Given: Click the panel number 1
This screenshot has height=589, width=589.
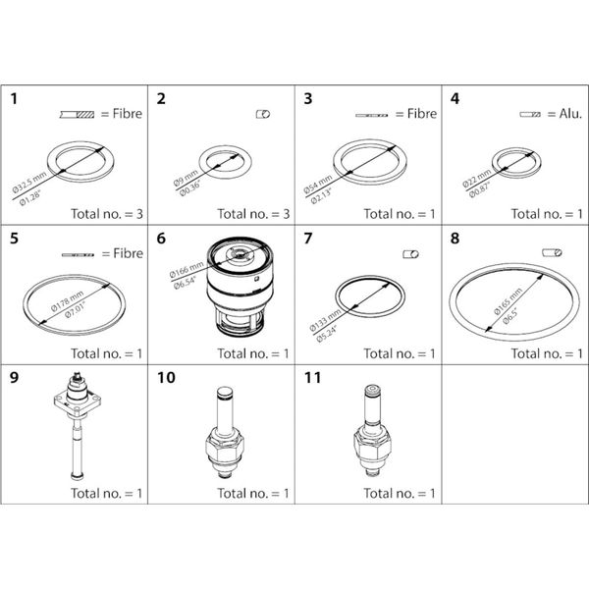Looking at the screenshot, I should pyautogui.click(x=15, y=98).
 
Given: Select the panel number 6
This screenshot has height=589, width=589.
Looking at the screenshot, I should pyautogui.click(x=163, y=240).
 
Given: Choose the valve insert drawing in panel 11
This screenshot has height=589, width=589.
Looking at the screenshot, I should pyautogui.click(x=370, y=437).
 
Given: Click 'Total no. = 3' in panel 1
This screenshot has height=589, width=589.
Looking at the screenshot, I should pyautogui.click(x=107, y=213).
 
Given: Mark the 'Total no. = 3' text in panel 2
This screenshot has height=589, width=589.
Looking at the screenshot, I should pyautogui.click(x=253, y=213).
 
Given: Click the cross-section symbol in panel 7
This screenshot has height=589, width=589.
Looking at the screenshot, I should pyautogui.click(x=411, y=254).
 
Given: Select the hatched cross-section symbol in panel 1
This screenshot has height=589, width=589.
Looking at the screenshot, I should pyautogui.click(x=77, y=114).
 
